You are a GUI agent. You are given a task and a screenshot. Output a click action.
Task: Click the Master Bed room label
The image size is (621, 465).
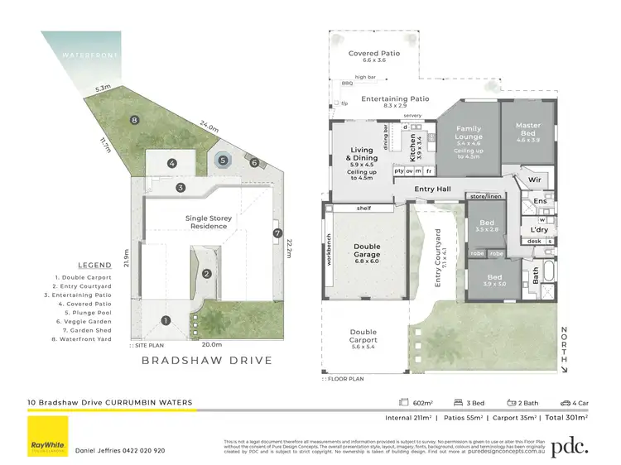pos(528,130)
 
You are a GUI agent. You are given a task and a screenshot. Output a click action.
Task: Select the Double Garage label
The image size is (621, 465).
pos(367,250)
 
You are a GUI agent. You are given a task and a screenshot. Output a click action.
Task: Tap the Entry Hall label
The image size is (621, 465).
pos(433,189)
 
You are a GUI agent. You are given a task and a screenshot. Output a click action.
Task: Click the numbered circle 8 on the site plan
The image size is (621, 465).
pos(134,120)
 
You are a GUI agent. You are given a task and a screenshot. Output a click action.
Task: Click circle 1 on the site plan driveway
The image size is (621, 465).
pos(166,320)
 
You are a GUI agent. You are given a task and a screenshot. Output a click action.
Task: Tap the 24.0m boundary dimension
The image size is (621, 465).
pos(209,128)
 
